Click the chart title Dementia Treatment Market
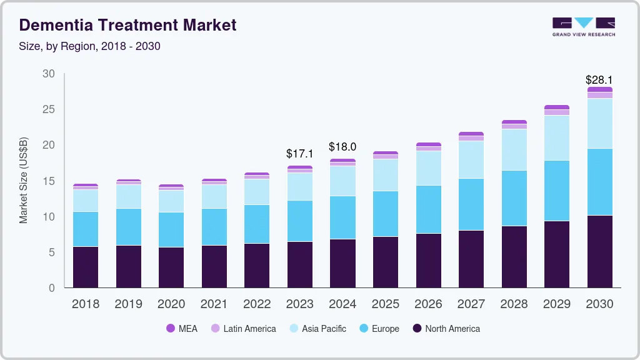click(128, 25)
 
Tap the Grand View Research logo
click(583, 26)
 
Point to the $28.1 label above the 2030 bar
click(599, 80)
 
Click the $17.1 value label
click(299, 153)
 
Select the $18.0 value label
click(342, 147)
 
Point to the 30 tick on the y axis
click(49, 74)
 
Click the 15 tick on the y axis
click(49, 181)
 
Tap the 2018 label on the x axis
click(85, 304)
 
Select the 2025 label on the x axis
click(386, 304)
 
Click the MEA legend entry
click(182, 329)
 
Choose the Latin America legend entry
click(243, 329)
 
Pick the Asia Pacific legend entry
click(317, 329)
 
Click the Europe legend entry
click(379, 329)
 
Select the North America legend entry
click(446, 329)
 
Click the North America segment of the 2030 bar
click(599, 251)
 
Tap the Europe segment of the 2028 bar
click(514, 198)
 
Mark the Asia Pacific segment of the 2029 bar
click(556, 137)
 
